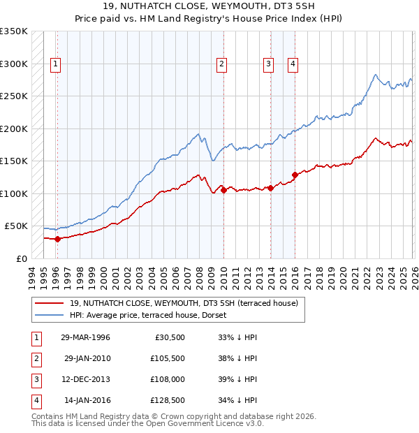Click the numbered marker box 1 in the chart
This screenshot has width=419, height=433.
click(56, 64)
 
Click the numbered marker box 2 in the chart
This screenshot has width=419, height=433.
click(221, 64)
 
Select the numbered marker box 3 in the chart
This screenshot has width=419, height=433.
click(268, 64)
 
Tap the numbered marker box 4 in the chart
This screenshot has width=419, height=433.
click(293, 64)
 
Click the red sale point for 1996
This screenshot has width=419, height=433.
click(57, 239)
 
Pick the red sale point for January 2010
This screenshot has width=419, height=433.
click(223, 190)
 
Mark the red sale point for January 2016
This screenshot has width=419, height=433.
click(295, 175)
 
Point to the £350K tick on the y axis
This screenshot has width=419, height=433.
click(14, 31)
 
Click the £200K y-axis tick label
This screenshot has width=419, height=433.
click(14, 129)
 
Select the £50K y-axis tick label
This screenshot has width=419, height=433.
click(17, 226)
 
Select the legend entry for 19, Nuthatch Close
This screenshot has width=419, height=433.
click(184, 303)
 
